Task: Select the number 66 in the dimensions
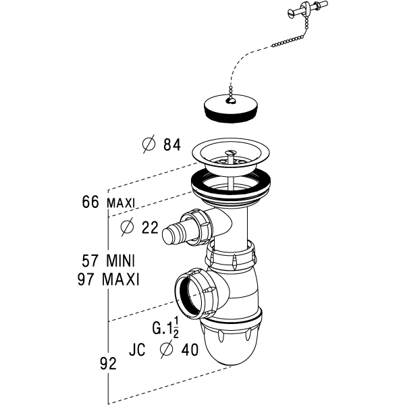[x=90, y=202]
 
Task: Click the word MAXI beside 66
[x=121, y=202]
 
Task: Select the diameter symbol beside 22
[x=126, y=227]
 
